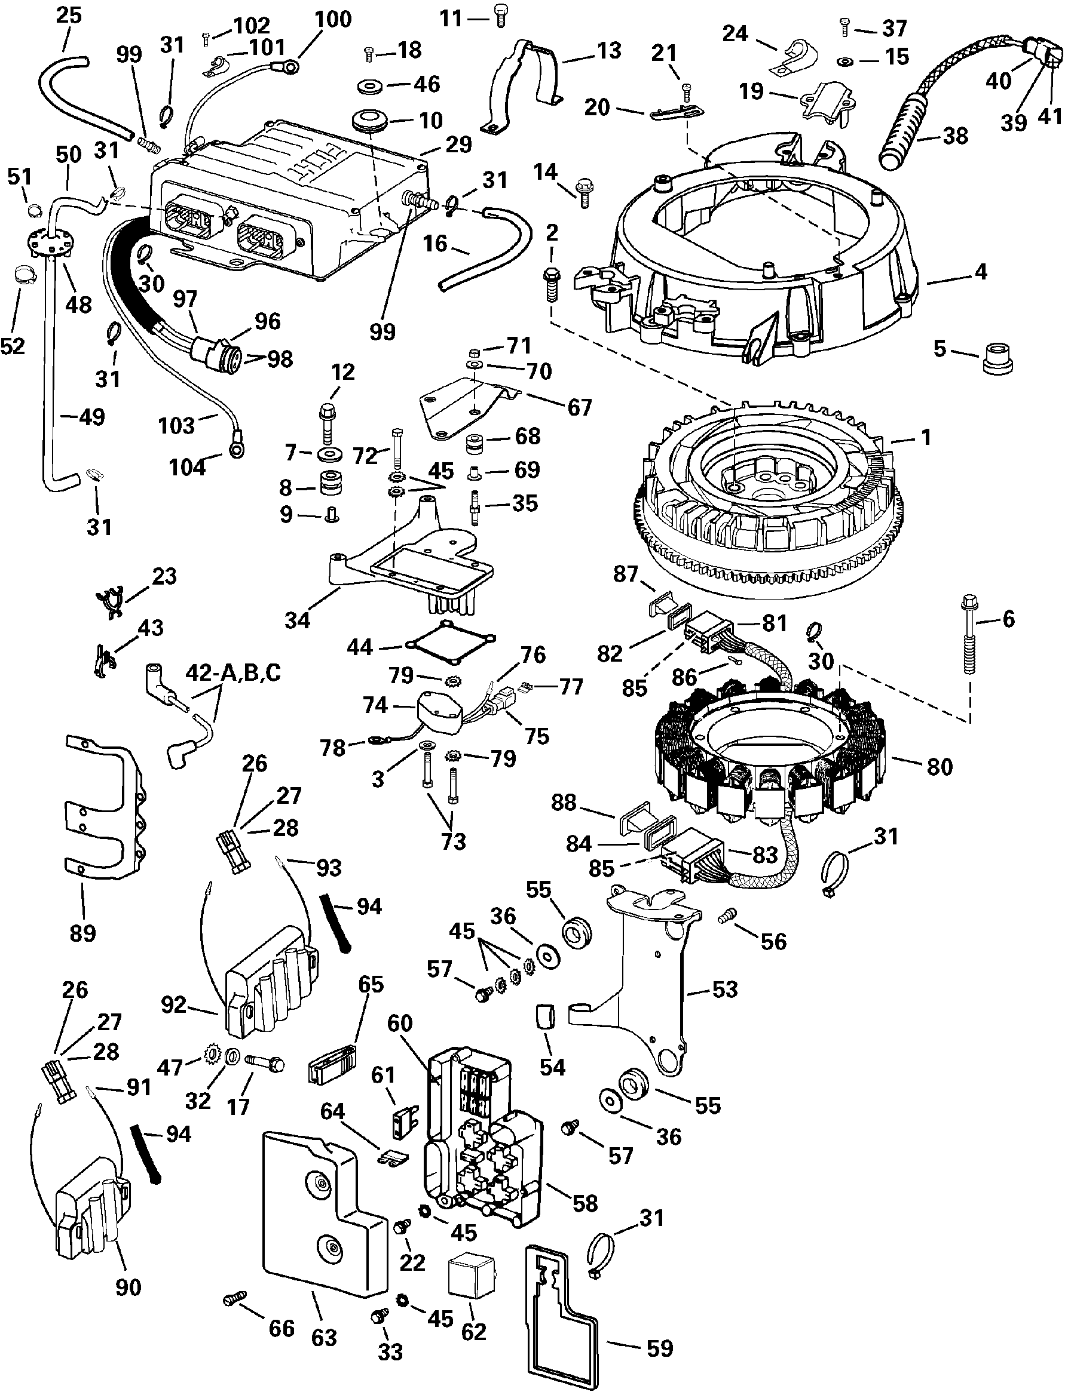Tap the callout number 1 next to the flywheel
click(926, 437)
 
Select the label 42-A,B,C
click(233, 672)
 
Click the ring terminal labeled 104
click(238, 450)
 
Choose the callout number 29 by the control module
click(458, 145)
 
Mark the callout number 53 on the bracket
click(725, 990)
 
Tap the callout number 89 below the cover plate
click(82, 933)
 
